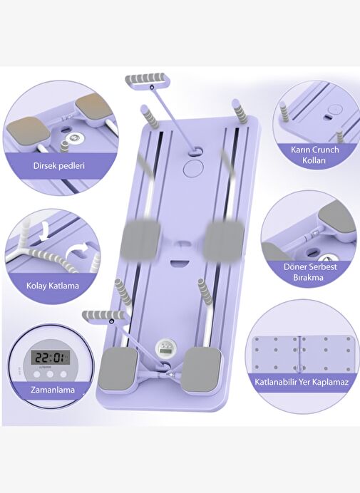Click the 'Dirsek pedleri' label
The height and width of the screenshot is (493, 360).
tap(59, 165)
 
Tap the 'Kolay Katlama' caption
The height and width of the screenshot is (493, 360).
tap(53, 286)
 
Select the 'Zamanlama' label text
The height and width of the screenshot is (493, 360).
tap(53, 390)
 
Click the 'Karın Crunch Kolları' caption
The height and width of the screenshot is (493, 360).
tap(314, 155)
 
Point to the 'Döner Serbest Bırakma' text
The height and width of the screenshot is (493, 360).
tap(310, 272)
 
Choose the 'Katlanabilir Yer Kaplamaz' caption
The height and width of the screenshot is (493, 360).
tap(302, 382)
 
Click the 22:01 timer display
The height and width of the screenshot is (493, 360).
tap(50, 358)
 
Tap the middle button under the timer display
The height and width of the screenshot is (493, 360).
tap(50, 375)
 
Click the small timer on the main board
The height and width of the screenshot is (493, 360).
tap(165, 348)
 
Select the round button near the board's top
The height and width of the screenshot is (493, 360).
tap(193, 168)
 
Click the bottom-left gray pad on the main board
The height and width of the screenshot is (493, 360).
tap(120, 369)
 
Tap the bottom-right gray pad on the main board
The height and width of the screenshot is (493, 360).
tap(202, 370)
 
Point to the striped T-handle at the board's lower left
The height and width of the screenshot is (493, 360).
tap(103, 315)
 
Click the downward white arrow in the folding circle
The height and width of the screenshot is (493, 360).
tap(45, 230)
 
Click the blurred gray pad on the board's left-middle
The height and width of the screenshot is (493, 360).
tap(140, 239)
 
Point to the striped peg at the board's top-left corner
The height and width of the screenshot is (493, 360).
tap(150, 115)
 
